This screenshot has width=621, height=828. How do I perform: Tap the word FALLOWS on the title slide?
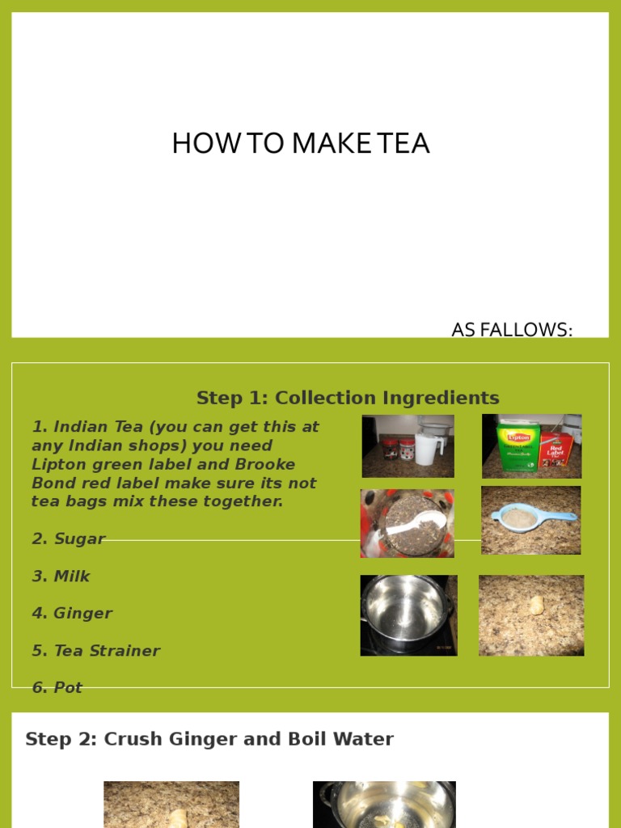(525, 330)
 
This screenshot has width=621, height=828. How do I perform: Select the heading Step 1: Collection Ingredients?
(348, 398)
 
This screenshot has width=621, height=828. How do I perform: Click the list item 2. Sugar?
(69, 539)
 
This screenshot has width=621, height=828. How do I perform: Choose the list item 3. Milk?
(61, 577)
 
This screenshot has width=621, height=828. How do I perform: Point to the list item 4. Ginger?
(72, 614)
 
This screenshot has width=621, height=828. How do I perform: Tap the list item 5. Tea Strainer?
(95, 651)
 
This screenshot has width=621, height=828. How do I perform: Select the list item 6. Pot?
(57, 688)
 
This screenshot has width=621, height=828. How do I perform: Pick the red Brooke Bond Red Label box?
(556, 450)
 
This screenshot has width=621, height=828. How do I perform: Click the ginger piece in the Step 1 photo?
(534, 606)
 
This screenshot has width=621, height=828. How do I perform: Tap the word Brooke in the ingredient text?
(264, 465)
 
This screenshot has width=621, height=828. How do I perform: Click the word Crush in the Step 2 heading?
(129, 739)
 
